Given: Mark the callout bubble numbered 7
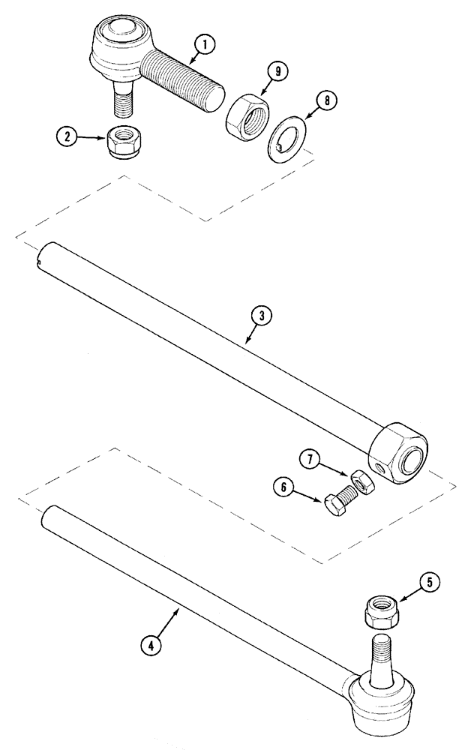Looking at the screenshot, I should click(x=310, y=457).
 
